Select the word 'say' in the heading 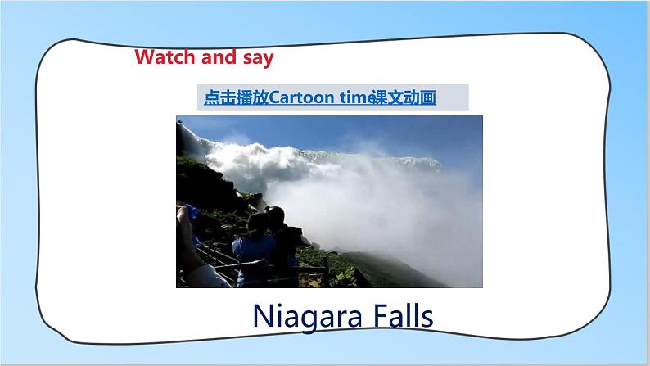click(258, 58)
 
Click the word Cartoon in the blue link click(301, 97)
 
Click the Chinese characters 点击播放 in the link click(237, 97)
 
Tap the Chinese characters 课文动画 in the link click(404, 97)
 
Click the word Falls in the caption click(403, 315)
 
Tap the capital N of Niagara click(263, 316)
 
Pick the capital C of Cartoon click(274, 97)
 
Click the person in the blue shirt click(254, 246)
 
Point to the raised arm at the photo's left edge click(187, 237)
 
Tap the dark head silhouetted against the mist click(275, 215)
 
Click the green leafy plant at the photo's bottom click(344, 276)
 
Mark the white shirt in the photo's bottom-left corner click(206, 277)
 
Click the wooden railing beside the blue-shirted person click(241, 265)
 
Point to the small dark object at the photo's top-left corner click(179, 121)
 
